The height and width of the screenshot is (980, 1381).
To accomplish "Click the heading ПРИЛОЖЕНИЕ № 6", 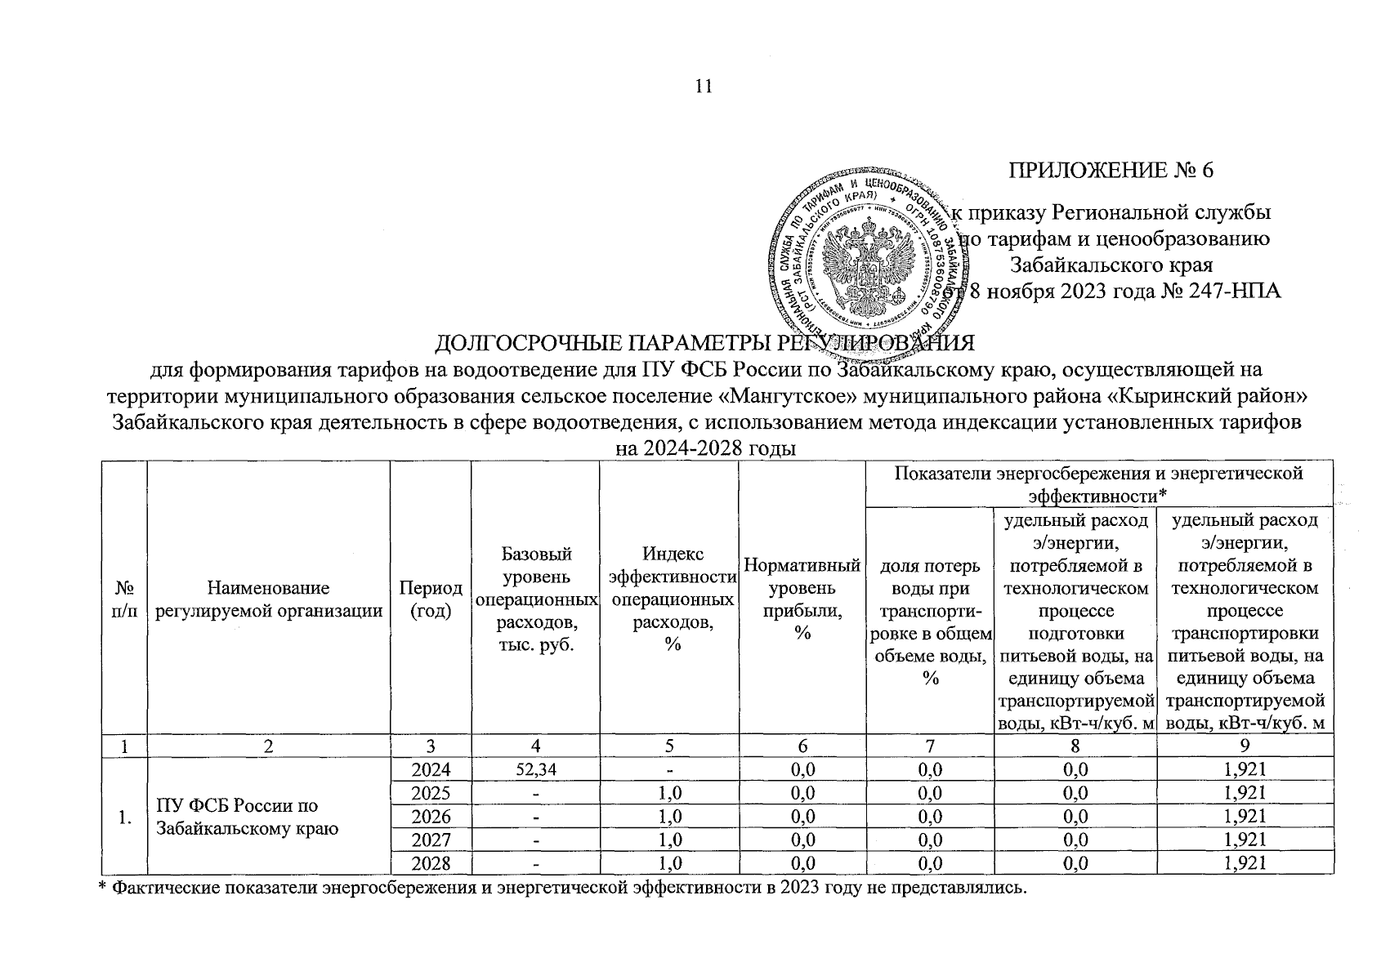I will [1112, 170].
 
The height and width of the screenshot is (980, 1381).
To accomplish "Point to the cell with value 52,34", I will [534, 768].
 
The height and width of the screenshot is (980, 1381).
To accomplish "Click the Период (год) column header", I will [430, 599].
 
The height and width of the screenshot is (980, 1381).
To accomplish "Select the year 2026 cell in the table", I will [430, 816].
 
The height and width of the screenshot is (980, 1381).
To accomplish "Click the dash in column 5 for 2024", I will [668, 768].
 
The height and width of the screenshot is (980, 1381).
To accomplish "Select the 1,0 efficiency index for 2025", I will [668, 792].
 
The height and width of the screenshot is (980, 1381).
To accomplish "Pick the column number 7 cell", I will [929, 745].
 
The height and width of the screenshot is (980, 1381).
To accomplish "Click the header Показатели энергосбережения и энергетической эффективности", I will [1099, 483].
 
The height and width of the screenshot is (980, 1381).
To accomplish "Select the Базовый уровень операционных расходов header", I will [534, 599].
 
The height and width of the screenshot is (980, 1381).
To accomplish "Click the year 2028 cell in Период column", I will [430, 863].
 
